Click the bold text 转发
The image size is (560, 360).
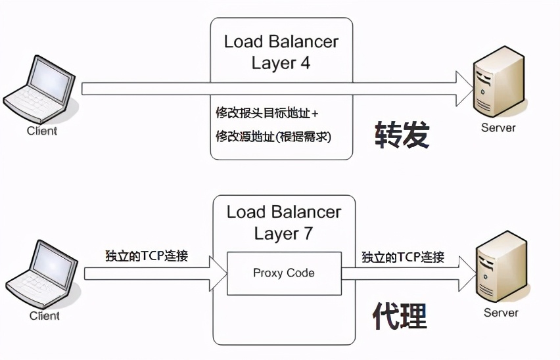click(x=402, y=135)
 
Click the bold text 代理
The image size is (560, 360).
click(x=400, y=315)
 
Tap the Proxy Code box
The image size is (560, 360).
click(x=283, y=273)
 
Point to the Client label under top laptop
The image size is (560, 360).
click(x=42, y=131)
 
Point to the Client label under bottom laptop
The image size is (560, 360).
click(x=45, y=316)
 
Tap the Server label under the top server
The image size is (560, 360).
click(x=498, y=128)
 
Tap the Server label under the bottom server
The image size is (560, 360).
click(x=501, y=313)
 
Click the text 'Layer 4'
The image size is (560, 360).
click(x=281, y=63)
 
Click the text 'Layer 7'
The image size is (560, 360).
click(x=283, y=234)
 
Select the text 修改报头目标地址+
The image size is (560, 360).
click(x=267, y=113)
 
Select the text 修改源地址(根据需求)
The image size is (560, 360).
click(x=273, y=137)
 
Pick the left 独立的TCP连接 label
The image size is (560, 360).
click(x=146, y=256)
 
